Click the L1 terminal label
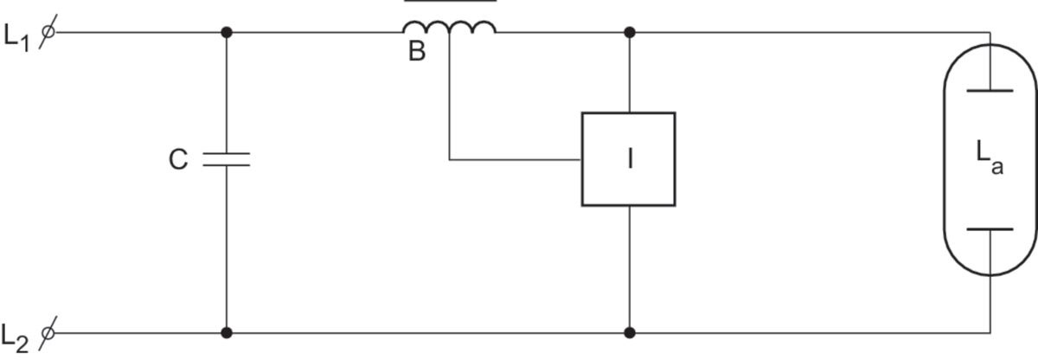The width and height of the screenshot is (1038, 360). pyautogui.click(x=16, y=37)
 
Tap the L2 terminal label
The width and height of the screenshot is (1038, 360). pyautogui.click(x=15, y=338)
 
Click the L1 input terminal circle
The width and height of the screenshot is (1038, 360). pyautogui.click(x=48, y=32)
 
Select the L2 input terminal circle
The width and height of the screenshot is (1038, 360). pyautogui.click(x=48, y=332)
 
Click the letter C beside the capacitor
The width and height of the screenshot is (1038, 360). pyautogui.click(x=178, y=160)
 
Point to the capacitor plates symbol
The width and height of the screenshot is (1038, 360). pyautogui.click(x=226, y=159)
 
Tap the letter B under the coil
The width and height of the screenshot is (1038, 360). pyautogui.click(x=417, y=51)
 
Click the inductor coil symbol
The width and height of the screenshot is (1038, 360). pyautogui.click(x=449, y=28)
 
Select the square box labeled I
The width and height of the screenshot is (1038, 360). pyautogui.click(x=628, y=112)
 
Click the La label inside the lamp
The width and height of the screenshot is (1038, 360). pyautogui.click(x=990, y=158)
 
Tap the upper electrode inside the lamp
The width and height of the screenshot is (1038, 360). pyautogui.click(x=990, y=91)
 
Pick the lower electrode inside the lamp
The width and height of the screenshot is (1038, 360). pyautogui.click(x=990, y=228)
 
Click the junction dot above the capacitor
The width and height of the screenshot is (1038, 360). pyautogui.click(x=226, y=32)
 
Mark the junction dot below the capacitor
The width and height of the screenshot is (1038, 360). pyautogui.click(x=226, y=332)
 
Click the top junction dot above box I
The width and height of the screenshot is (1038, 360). pyautogui.click(x=630, y=32)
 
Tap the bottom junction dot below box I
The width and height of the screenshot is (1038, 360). pyautogui.click(x=630, y=332)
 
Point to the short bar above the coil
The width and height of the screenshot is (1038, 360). pyautogui.click(x=451, y=1)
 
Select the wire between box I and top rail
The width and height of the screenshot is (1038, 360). pyautogui.click(x=630, y=73)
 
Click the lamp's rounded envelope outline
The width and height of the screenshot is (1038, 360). pyautogui.click(x=945, y=160)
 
